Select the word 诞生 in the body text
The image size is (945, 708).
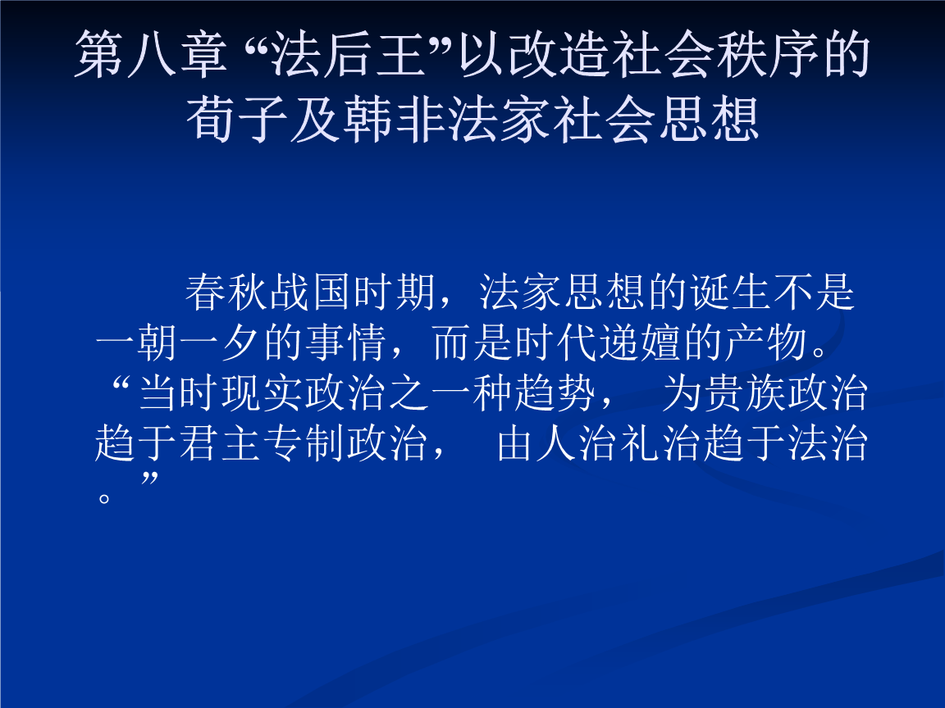coord(729,293)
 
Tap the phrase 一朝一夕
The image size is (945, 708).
coord(178,344)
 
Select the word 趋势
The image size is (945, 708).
coord(555,394)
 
